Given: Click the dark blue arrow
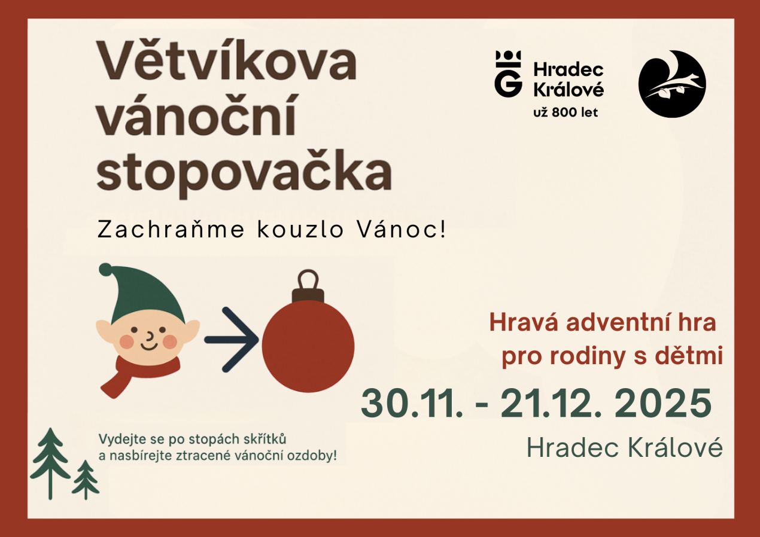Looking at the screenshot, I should pyautogui.click(x=230, y=340).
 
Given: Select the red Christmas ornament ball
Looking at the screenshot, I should pyautogui.click(x=308, y=347).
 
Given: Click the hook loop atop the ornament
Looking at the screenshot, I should pyautogui.click(x=308, y=280).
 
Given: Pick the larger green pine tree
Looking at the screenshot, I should pyautogui.click(x=50, y=460).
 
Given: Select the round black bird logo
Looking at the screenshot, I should pyautogui.click(x=672, y=84).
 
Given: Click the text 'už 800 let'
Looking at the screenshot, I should pyautogui.click(x=565, y=112).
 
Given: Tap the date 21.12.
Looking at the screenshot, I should pyautogui.click(x=551, y=404).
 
